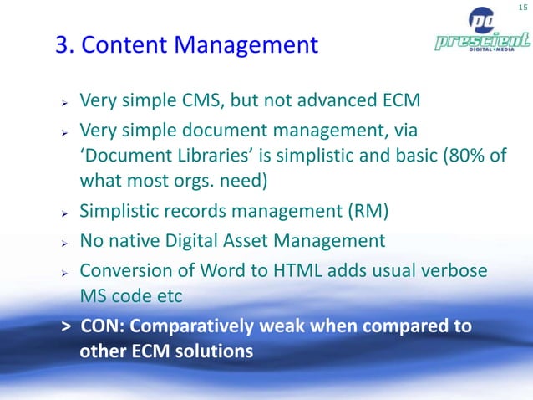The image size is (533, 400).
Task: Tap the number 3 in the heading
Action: point(62,44)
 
